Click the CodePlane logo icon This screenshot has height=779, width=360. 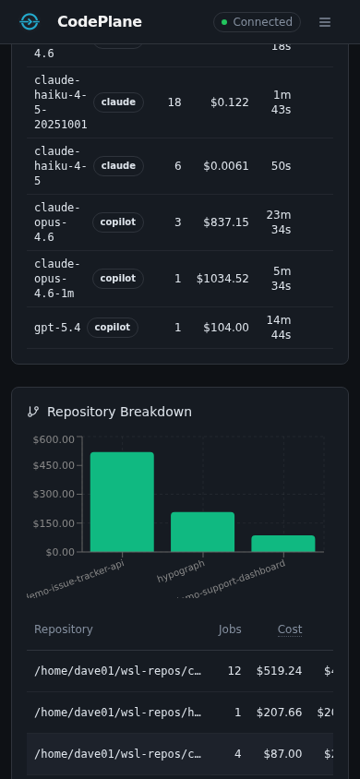[30, 22]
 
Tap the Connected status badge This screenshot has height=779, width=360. [257, 22]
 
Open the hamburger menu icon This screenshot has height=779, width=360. [325, 22]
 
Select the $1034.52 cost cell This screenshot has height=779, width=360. [222, 279]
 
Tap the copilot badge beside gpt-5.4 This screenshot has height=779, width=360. [113, 328]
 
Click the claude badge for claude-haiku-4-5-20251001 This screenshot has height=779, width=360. [118, 102]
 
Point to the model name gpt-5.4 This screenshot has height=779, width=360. [57, 328]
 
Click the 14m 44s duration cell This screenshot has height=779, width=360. [279, 328]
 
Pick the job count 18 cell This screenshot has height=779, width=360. [174, 102]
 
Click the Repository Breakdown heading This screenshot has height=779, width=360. [119, 412]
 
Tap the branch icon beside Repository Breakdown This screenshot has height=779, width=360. [33, 412]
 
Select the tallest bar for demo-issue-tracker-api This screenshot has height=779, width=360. [122, 501]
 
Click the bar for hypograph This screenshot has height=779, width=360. [202, 532]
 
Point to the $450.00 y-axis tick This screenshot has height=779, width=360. [54, 465]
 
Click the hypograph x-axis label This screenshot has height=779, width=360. [181, 570]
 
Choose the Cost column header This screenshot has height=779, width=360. [290, 629]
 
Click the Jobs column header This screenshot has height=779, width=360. [230, 629]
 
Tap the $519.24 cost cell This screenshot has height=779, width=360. [279, 671]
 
